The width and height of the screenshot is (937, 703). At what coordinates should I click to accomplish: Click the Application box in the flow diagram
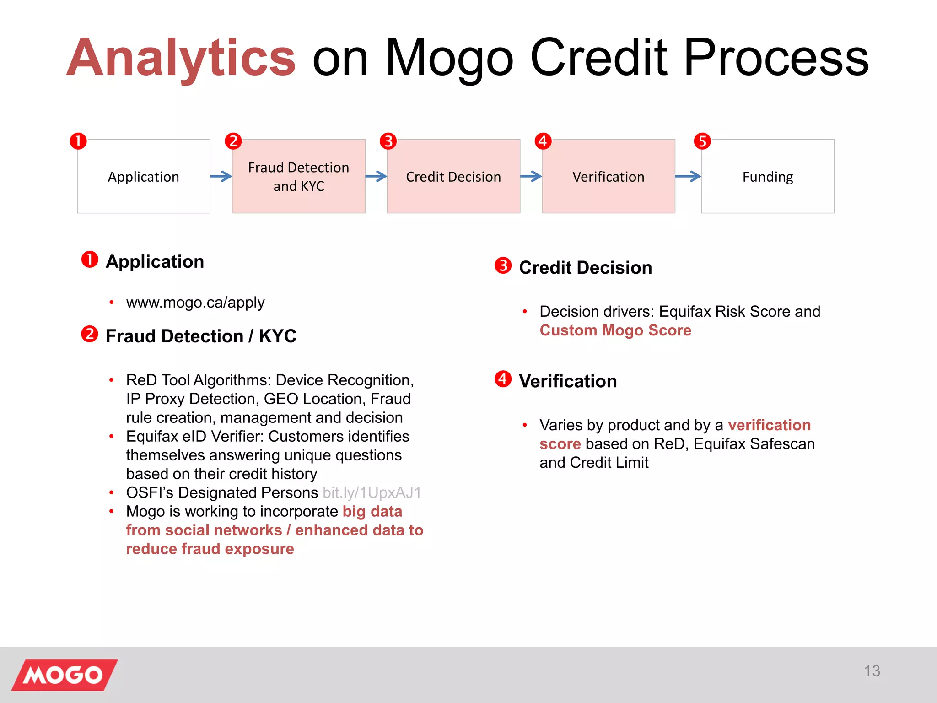(144, 177)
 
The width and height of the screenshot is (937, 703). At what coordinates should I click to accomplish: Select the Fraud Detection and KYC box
(298, 177)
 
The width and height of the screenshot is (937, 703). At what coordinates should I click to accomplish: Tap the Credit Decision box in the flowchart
(453, 177)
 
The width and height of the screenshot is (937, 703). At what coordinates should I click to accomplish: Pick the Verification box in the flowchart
(608, 177)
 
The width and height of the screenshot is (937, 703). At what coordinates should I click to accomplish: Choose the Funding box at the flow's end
(767, 177)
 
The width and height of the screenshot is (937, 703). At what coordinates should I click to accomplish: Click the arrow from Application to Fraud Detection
(221, 176)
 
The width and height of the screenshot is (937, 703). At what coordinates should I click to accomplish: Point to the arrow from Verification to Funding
(688, 176)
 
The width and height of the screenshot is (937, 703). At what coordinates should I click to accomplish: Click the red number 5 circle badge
(702, 141)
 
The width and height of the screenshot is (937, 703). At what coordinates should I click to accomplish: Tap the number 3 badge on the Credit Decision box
(388, 141)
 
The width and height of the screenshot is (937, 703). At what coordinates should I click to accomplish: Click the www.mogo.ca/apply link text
(195, 303)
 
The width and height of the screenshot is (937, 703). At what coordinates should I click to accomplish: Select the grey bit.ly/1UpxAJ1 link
(372, 492)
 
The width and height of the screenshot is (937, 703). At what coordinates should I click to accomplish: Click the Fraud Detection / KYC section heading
(201, 336)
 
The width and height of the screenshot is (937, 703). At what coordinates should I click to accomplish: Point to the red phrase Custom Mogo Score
(615, 330)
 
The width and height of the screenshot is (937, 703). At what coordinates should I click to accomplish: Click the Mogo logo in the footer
(65, 675)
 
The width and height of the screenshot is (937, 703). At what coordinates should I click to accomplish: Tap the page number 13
(872, 671)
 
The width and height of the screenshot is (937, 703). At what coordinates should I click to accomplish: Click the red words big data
(372, 511)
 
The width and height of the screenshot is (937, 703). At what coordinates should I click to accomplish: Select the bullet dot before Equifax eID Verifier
(111, 437)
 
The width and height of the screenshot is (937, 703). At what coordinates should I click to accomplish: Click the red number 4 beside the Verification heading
(503, 379)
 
